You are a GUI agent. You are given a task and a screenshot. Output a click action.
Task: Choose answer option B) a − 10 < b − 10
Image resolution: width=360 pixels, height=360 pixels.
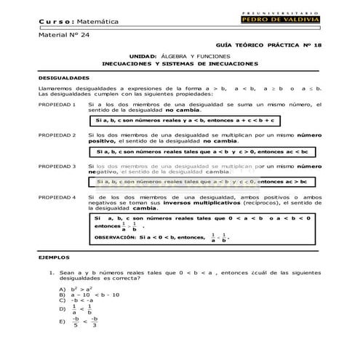[x=87, y=295]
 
